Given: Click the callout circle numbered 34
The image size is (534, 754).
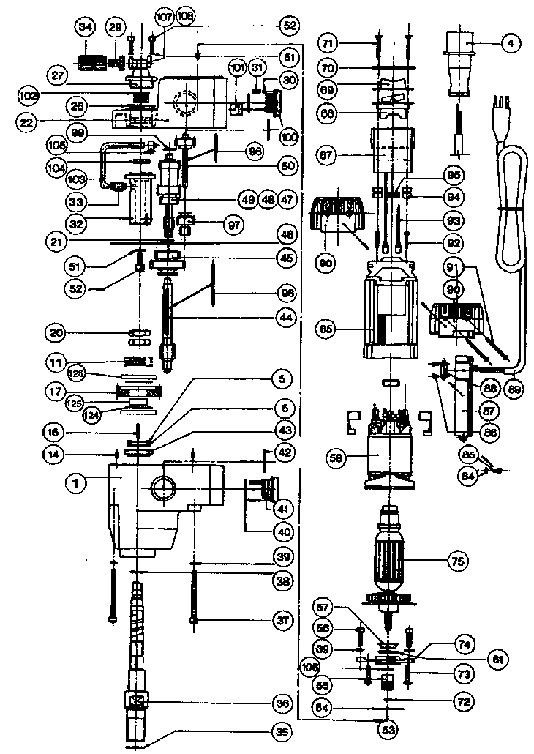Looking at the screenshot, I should (x=86, y=28).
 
